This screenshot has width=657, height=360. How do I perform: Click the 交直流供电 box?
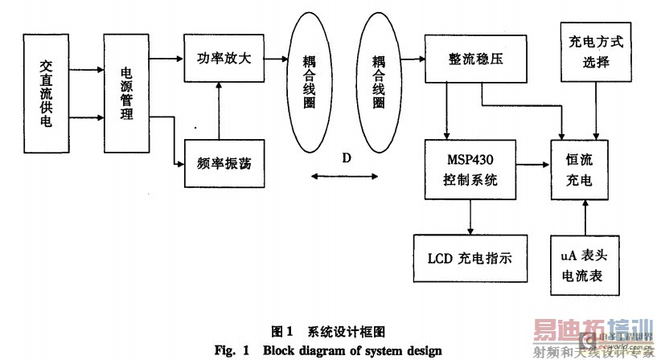46,94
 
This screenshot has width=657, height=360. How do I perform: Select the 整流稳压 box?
476,59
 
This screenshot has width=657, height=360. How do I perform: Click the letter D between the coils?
346,157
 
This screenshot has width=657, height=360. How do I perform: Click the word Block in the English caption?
307,350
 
